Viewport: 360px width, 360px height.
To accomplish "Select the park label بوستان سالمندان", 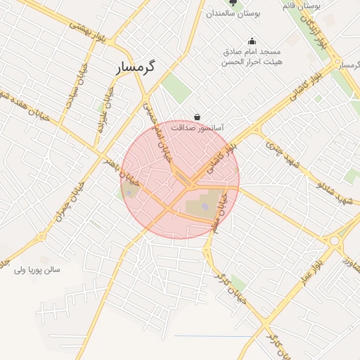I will [234, 13].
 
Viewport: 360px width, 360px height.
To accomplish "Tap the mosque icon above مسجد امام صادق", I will [252, 41].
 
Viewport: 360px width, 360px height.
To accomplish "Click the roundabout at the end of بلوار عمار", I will [334, 240].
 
